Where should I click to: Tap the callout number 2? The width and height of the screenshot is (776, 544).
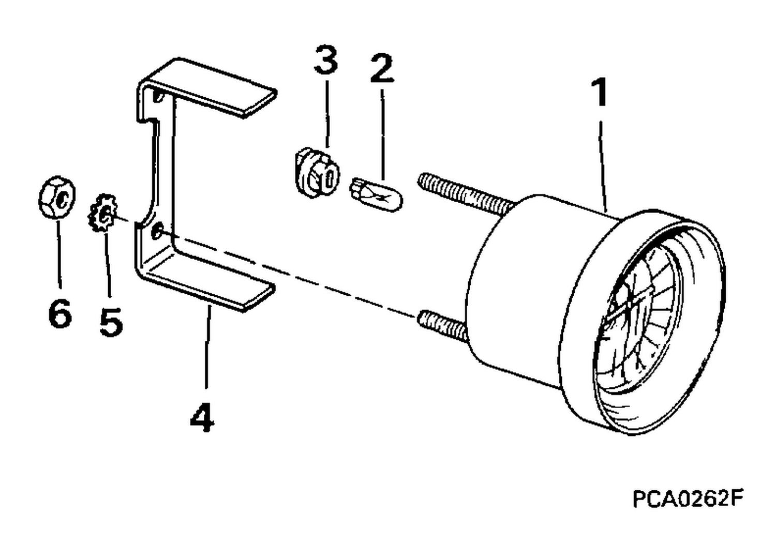point(382,68)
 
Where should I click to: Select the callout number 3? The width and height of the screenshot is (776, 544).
point(325,60)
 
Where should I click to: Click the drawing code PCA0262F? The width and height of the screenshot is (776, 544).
point(688,498)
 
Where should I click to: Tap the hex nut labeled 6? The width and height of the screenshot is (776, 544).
point(57,197)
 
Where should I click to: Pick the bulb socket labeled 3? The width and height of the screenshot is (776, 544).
point(317,173)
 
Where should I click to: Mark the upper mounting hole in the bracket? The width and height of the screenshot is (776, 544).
point(158,96)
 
